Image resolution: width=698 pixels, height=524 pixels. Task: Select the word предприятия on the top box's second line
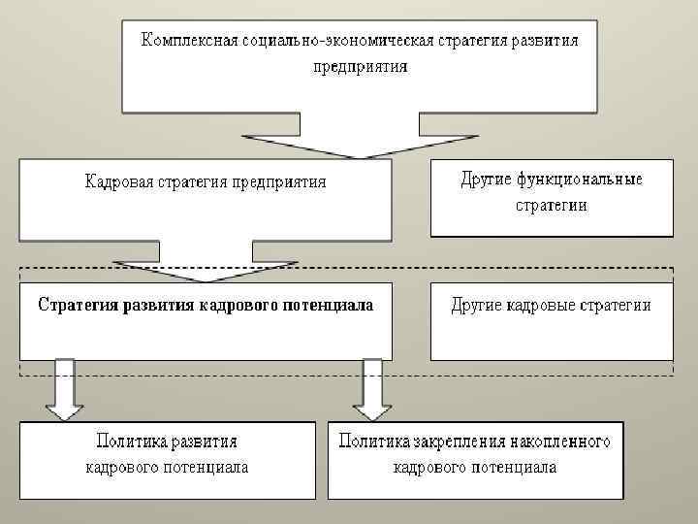click(361, 67)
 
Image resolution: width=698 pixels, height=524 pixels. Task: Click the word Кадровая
click(115, 181)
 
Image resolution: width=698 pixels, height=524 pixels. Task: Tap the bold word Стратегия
click(76, 305)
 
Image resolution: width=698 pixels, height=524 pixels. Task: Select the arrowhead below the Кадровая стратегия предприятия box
click(206, 269)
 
